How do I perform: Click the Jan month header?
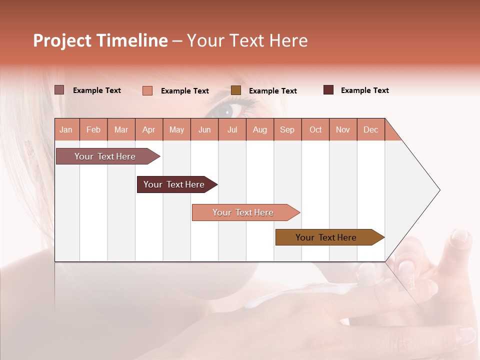(x=66, y=129)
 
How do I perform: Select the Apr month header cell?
(x=149, y=129)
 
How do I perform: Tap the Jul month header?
(x=232, y=129)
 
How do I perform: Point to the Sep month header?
(x=287, y=129)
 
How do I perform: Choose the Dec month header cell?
(x=370, y=129)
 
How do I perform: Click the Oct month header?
(x=315, y=129)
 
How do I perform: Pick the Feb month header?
(x=93, y=129)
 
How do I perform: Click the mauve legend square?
(x=59, y=90)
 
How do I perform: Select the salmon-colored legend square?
(x=147, y=90)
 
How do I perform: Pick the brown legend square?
(x=236, y=90)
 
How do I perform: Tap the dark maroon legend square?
(x=328, y=90)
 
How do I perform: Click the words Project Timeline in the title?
(x=100, y=40)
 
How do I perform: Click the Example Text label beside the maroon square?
(x=364, y=90)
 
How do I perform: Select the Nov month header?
(x=343, y=129)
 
